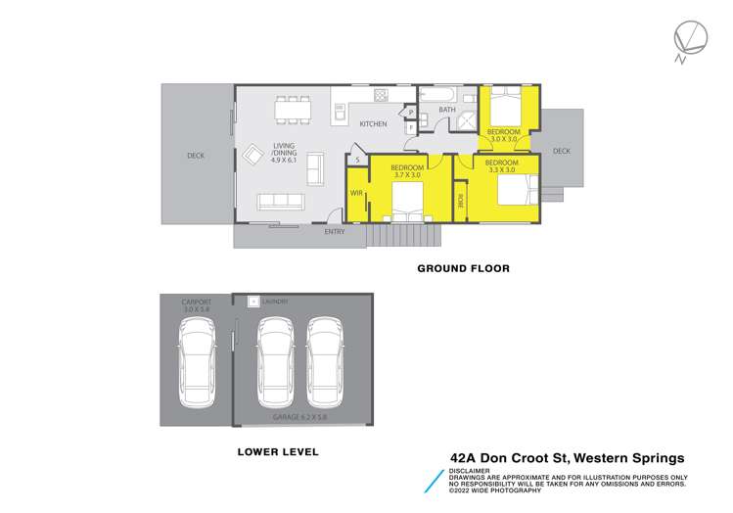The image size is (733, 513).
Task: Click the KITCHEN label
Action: click(373, 124)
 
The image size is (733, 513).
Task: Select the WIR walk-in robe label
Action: click(356, 193)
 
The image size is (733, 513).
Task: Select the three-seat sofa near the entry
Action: click(279, 202)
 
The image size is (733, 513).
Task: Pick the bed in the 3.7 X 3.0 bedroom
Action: click(406, 204)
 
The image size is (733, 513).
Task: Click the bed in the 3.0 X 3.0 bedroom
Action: click(507, 102)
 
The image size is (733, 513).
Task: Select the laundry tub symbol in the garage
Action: click(252, 302)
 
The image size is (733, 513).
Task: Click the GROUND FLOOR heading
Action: click(464, 267)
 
